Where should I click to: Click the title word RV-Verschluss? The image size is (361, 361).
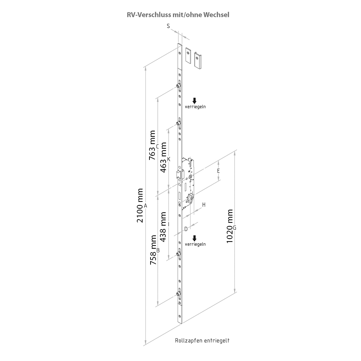(149, 15)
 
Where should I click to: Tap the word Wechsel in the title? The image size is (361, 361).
(216, 15)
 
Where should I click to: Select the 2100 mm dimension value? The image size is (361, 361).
(140, 206)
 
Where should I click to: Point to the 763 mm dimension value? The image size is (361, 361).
(152, 145)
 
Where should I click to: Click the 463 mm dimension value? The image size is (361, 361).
(163, 157)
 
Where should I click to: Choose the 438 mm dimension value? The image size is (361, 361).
(163, 227)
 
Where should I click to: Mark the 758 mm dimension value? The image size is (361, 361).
(153, 250)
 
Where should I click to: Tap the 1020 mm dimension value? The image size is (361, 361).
(230, 226)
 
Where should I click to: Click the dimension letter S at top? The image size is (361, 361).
(168, 26)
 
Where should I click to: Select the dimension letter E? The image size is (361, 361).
(218, 171)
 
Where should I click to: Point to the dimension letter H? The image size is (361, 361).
(204, 205)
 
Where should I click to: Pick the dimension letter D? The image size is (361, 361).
(186, 229)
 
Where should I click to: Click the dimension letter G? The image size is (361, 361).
(235, 228)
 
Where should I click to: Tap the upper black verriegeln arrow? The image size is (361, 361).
(195, 101)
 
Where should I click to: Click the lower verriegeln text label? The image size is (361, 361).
(195, 244)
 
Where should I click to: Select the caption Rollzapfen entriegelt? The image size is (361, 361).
(202, 340)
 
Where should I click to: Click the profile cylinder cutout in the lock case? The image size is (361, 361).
(191, 199)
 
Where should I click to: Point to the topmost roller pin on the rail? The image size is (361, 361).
(178, 86)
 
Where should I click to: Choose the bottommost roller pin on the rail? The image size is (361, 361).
(178, 293)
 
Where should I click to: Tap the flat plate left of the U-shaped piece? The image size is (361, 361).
(189, 56)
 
